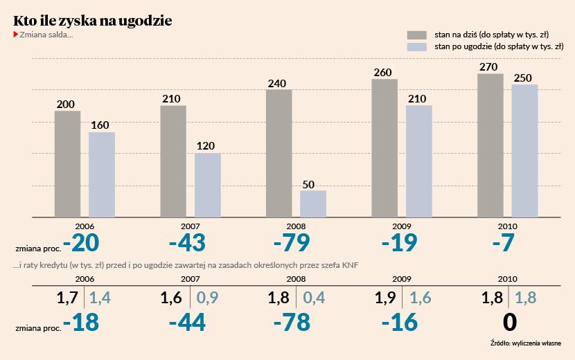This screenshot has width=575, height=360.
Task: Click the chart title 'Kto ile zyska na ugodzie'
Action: coord(93,21)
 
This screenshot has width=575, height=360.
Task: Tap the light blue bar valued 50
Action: coord(313,204)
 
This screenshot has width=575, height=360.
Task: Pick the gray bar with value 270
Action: coord(490,145)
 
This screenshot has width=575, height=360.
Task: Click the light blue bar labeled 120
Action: coord(207,185)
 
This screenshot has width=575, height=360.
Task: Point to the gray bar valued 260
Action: coord(384,148)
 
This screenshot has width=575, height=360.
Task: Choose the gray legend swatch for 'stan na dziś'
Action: coord(417,35)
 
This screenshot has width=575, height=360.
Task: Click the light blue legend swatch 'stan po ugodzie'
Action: coord(417,46)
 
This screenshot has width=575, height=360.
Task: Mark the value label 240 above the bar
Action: coord(278,84)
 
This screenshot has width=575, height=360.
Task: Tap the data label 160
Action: coord(100,125)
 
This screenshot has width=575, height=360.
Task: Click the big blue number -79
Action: coord(291,244)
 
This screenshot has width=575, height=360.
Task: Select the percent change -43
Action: coord(186,244)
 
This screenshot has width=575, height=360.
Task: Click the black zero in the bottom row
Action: coord(509,323)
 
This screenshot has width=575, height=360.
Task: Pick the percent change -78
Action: coord(291,323)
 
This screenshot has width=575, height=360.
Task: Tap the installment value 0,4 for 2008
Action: coord(313,298)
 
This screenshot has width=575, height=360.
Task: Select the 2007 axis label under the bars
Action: coord(191,226)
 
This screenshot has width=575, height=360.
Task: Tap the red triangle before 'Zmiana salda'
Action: coord(16,35)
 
